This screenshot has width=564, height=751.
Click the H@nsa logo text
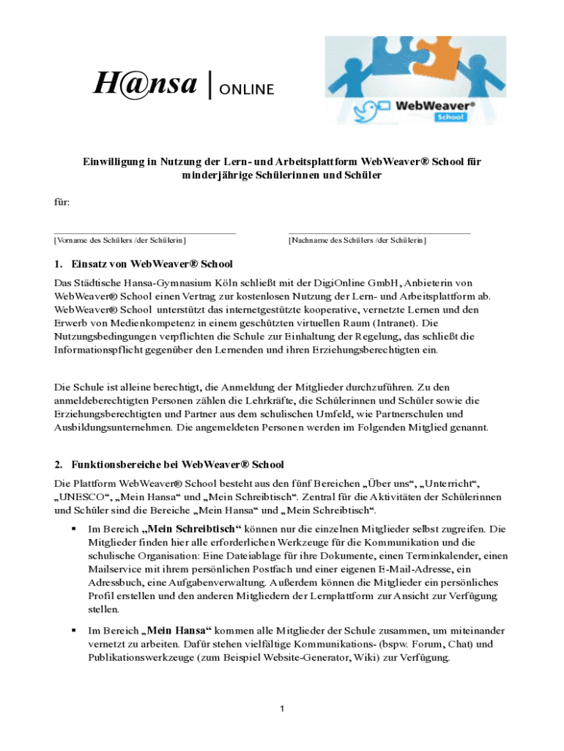click(145, 86)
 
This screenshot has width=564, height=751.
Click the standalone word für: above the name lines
click(62, 201)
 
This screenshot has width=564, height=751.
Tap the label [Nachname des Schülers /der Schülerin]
click(357, 240)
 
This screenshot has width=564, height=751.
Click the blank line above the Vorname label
click(145, 232)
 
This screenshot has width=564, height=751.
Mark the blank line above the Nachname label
click(379, 232)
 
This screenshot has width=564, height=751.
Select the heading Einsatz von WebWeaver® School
click(152, 264)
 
